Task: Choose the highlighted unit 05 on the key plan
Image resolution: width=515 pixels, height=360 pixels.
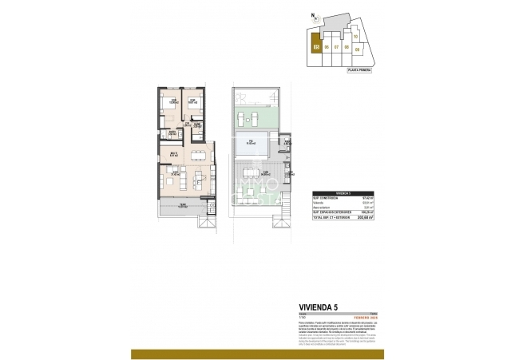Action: pyautogui.click(x=316, y=47)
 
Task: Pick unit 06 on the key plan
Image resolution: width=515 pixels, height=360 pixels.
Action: pyautogui.click(x=327, y=47)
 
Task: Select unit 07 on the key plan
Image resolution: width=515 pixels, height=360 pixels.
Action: pyautogui.click(x=336, y=47)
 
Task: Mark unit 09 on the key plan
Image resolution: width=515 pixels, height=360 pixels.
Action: pyautogui.click(x=357, y=49)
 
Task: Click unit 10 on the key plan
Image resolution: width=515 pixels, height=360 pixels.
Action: pyautogui.click(x=355, y=36)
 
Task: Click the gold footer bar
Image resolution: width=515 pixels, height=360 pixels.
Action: pyautogui.click(x=257, y=354)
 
